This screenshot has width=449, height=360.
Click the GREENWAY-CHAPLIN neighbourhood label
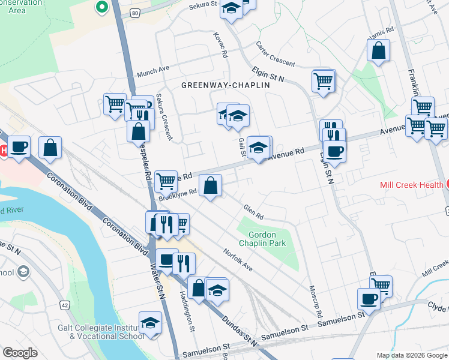tap(225, 86)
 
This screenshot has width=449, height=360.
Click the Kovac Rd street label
tap(220, 45)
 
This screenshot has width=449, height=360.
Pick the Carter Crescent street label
tap(276, 55)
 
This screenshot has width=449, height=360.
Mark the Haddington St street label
tap(186, 311)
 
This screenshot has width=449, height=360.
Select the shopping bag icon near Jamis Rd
tap(379, 52)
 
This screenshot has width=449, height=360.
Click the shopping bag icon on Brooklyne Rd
tap(211, 186)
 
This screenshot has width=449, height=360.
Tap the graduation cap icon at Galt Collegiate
tap(150, 323)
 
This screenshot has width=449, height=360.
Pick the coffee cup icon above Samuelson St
tap(369, 299)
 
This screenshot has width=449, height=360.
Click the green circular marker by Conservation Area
tap(101, 7)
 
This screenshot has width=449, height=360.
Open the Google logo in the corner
tap(20, 353)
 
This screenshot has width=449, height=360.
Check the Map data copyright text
tap(411, 355)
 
